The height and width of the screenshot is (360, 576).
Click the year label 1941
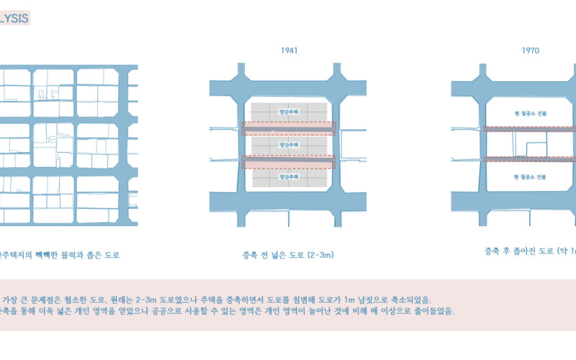[289, 51]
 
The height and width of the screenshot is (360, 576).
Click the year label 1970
[530, 51]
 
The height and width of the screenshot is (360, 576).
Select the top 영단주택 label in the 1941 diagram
[288, 111]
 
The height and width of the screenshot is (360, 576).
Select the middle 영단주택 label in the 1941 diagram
[288, 145]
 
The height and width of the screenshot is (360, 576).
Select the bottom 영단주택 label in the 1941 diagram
[288, 176]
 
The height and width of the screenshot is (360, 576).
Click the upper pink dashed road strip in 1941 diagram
[288, 128]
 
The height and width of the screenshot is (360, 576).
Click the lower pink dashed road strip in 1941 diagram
[288, 161]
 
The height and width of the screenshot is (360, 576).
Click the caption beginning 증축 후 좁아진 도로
[529, 251]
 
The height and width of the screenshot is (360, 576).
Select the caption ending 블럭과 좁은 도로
[61, 255]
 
